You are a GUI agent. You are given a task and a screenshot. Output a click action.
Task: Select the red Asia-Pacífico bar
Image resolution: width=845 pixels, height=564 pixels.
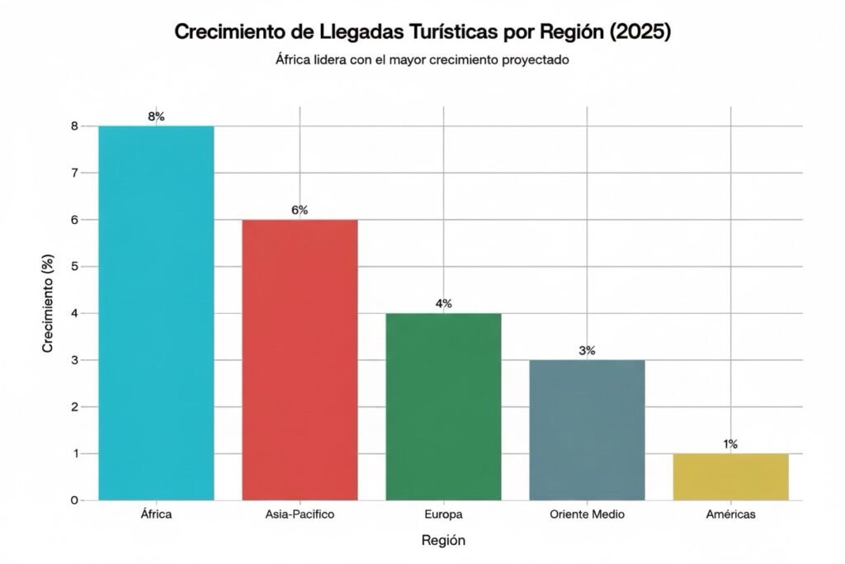click(300, 359)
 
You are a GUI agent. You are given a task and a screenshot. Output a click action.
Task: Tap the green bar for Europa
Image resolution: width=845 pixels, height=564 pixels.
click(443, 406)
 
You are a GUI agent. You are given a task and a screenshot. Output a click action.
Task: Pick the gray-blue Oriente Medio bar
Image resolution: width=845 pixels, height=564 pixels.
click(587, 429)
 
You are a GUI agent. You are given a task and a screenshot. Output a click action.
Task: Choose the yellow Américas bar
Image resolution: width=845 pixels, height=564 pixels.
click(730, 476)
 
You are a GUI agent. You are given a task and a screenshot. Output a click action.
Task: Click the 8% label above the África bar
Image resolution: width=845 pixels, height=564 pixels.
click(156, 116)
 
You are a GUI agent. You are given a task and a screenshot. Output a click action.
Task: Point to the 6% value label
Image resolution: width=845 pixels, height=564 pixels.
click(300, 211)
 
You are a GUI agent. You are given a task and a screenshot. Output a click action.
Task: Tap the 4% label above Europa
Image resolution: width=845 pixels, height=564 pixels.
click(443, 304)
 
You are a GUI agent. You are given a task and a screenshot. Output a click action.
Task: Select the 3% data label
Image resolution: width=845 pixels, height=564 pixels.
click(587, 351)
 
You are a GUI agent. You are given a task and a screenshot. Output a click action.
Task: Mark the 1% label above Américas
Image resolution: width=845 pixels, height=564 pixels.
click(730, 444)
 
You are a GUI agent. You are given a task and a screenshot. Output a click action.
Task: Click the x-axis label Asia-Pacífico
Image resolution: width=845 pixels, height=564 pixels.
click(300, 514)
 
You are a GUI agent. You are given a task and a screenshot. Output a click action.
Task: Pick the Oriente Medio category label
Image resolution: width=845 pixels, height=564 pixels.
click(587, 514)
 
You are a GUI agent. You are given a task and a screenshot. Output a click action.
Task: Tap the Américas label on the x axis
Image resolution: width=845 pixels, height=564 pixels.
click(730, 514)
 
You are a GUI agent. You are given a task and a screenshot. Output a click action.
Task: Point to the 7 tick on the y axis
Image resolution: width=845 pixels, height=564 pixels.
click(74, 173)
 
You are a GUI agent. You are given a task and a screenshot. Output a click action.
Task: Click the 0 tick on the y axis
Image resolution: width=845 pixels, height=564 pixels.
click(74, 500)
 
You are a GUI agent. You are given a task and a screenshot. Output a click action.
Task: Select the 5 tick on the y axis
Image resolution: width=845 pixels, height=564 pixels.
click(74, 267)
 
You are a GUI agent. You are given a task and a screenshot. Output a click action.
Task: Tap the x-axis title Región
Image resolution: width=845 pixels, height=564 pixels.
click(443, 541)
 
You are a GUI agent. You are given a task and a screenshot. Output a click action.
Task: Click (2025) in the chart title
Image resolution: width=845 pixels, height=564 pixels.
click(640, 33)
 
